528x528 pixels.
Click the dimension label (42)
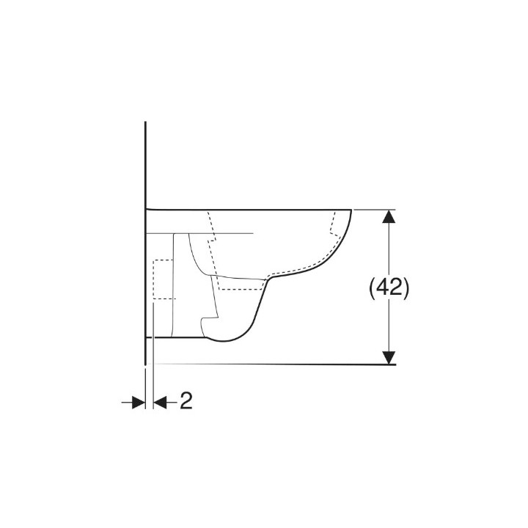click(388, 288)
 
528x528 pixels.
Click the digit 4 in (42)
click(381, 288)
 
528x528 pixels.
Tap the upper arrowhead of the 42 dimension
click(388, 216)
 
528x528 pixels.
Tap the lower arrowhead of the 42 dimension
click(388, 358)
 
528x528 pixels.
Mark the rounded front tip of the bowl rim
click(351, 212)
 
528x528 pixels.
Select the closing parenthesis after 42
click(406, 288)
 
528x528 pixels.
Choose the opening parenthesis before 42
click(371, 288)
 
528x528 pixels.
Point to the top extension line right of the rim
click(374, 209)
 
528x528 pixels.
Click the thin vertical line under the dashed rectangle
click(153, 330)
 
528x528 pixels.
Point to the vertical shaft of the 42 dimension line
click(388, 249)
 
